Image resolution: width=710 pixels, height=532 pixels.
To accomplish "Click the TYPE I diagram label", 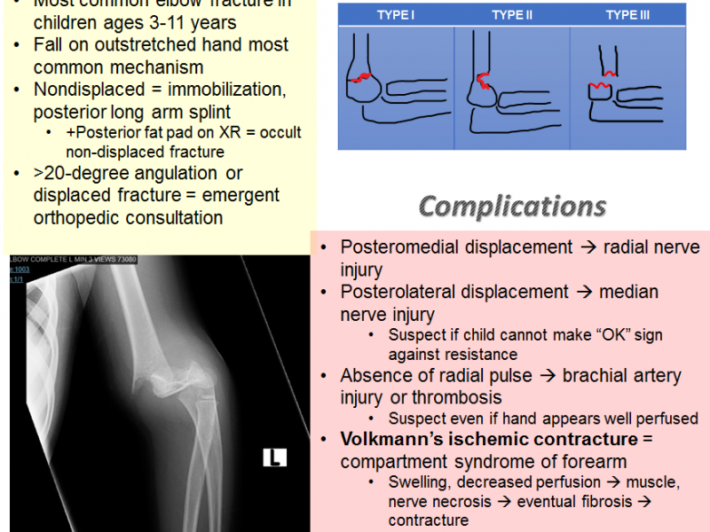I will (396, 15).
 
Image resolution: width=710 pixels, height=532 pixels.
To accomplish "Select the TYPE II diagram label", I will (512, 15).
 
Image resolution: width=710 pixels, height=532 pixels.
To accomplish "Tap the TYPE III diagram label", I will (627, 15).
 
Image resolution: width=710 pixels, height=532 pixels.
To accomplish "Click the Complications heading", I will (512, 206).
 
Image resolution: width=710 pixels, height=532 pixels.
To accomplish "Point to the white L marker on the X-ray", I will (274, 458).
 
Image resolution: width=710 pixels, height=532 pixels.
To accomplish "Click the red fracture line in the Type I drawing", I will (362, 79).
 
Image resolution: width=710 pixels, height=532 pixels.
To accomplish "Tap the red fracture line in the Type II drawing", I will (485, 82).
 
